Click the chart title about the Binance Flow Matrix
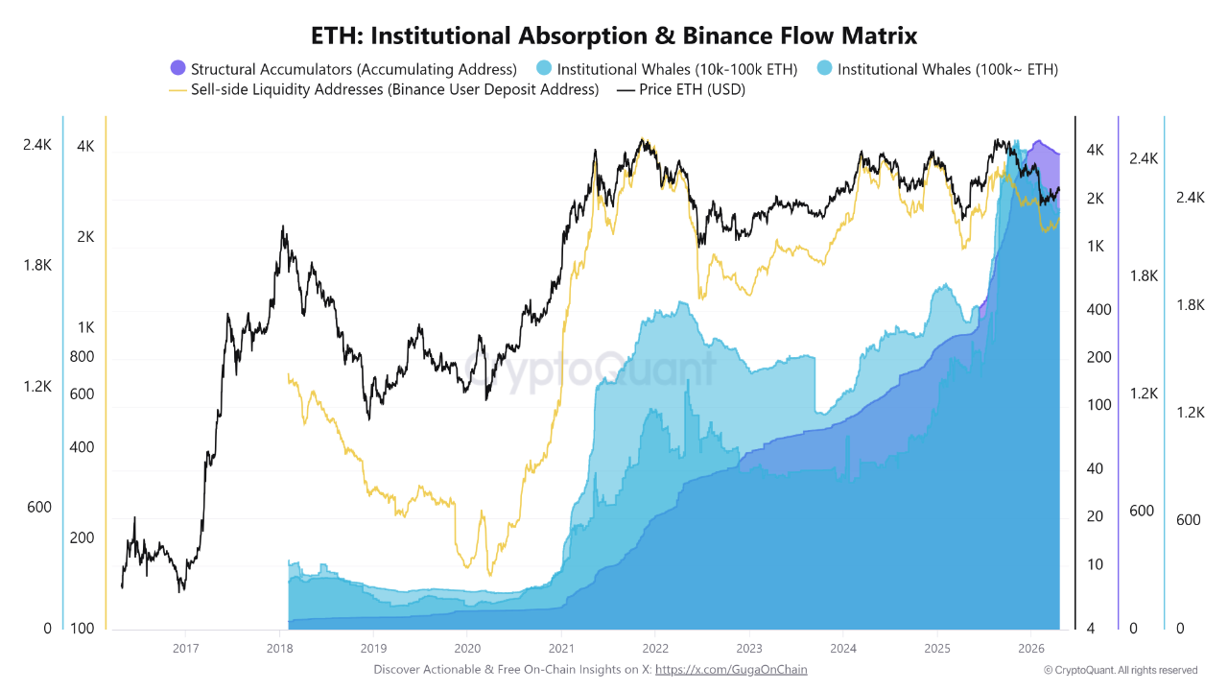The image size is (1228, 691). [x=614, y=36]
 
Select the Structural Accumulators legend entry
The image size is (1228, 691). [x=353, y=69]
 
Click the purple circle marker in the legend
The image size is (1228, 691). [x=177, y=68]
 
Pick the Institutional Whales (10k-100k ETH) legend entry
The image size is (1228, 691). [x=676, y=69]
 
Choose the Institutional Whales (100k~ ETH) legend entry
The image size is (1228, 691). [x=947, y=69]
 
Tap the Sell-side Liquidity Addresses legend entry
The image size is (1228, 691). [x=393, y=89]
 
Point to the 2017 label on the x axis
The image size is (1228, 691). [x=185, y=648]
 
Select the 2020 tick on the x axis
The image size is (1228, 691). [x=466, y=648]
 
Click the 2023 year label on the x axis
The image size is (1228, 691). [x=748, y=648]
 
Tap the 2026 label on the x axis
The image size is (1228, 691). [x=1030, y=648]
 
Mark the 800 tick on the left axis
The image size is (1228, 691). [x=83, y=357]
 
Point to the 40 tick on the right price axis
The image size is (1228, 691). [x=1094, y=468]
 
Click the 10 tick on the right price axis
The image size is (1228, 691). [x=1094, y=564]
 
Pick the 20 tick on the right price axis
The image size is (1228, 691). [x=1094, y=516]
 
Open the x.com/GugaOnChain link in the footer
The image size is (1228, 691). [x=730, y=670]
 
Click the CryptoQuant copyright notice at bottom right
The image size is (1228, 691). [x=1121, y=670]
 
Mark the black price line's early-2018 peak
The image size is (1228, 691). [x=282, y=227]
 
